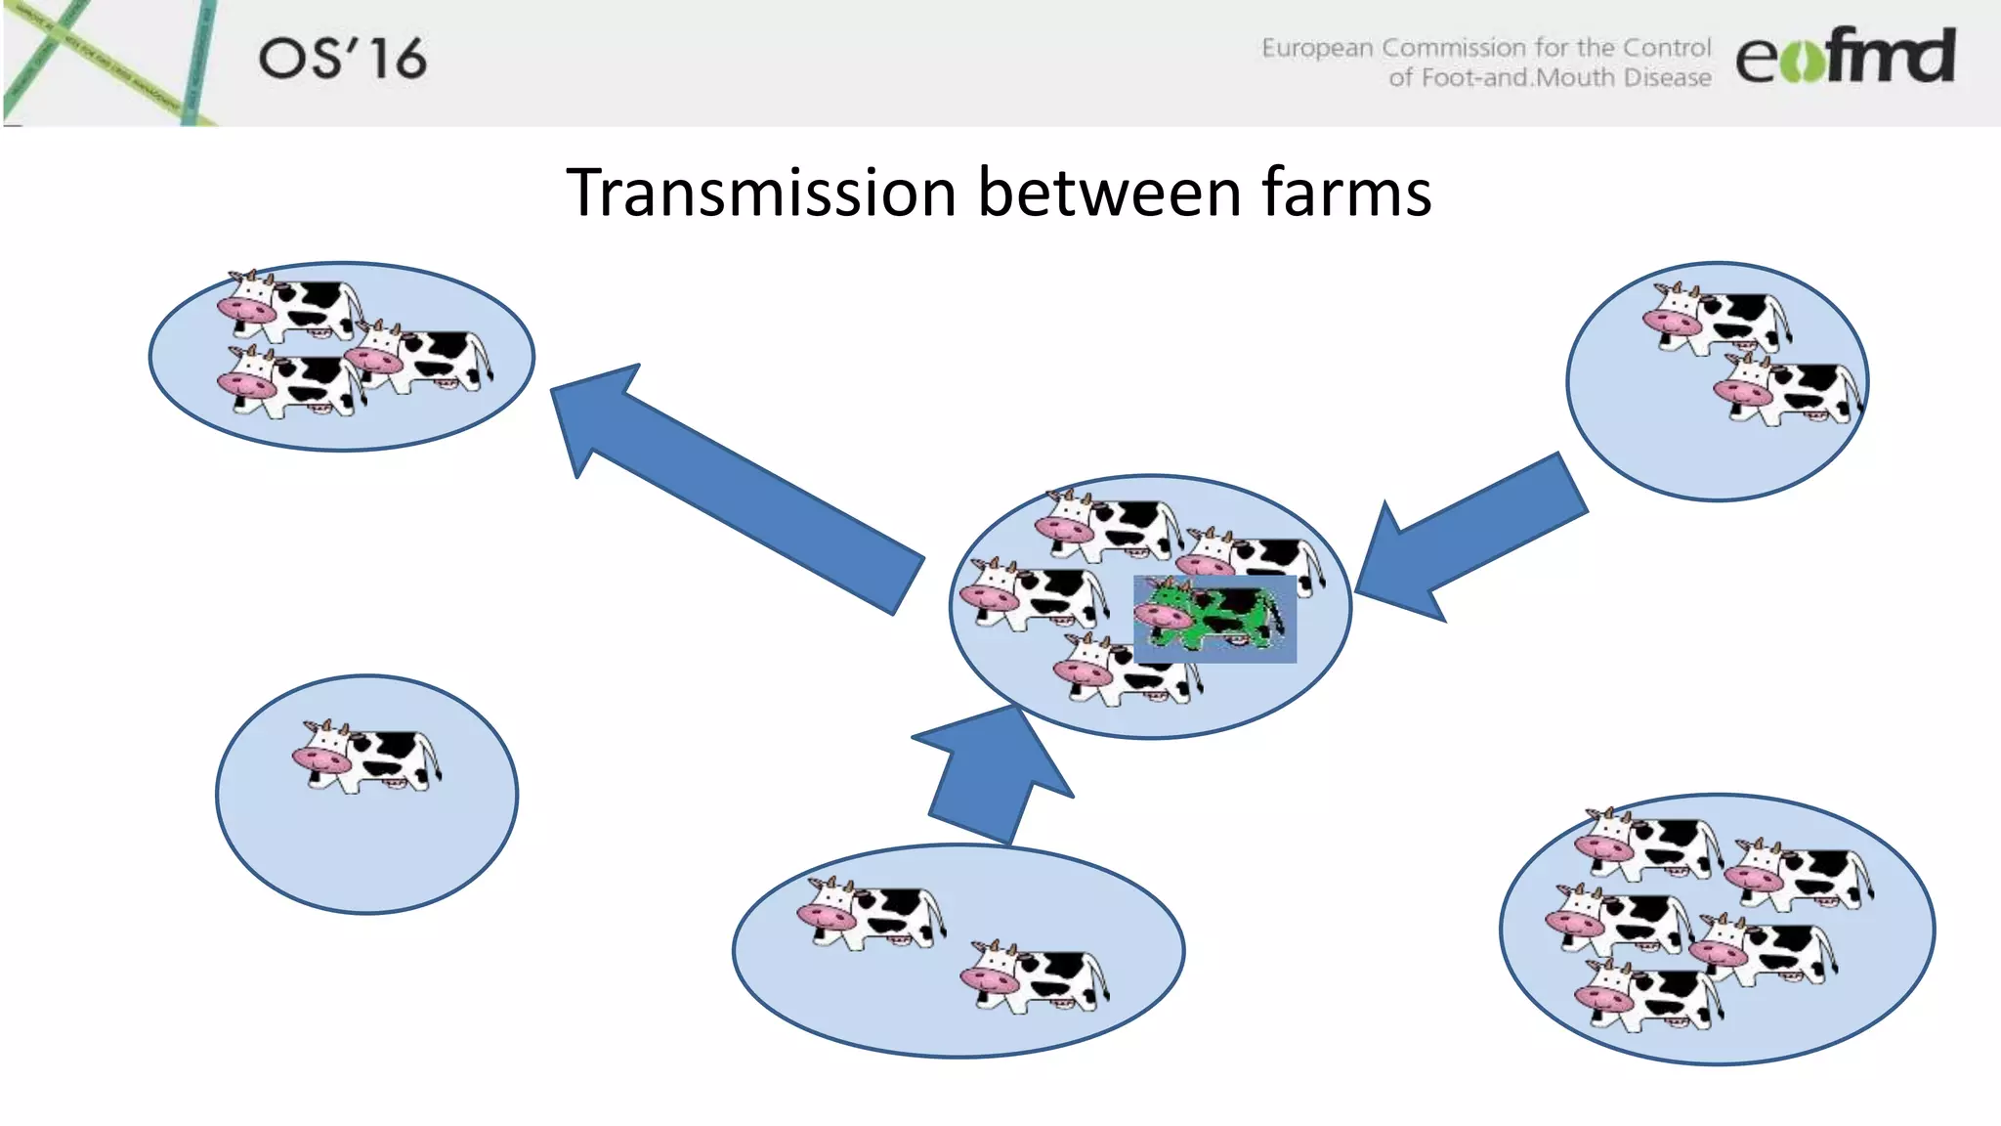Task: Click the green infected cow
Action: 1212,617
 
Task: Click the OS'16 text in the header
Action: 342,59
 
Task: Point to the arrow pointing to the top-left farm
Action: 723,479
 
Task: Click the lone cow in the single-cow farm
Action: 367,756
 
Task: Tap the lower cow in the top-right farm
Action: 1788,389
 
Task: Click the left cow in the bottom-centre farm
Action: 871,913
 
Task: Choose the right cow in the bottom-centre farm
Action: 1036,976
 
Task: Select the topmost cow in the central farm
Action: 1109,526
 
